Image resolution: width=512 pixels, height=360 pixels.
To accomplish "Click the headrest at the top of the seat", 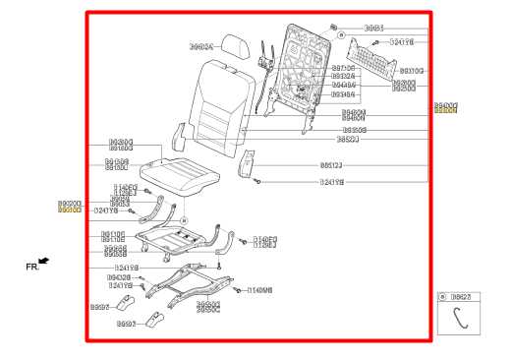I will point(237,46).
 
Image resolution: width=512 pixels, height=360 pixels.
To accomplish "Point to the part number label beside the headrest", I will point(200,45).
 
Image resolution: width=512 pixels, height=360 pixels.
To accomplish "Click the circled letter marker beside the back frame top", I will point(341,33).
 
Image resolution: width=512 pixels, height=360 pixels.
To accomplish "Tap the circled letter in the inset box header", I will point(443,296).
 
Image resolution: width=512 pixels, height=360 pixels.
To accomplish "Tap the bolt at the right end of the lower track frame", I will point(238,289).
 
